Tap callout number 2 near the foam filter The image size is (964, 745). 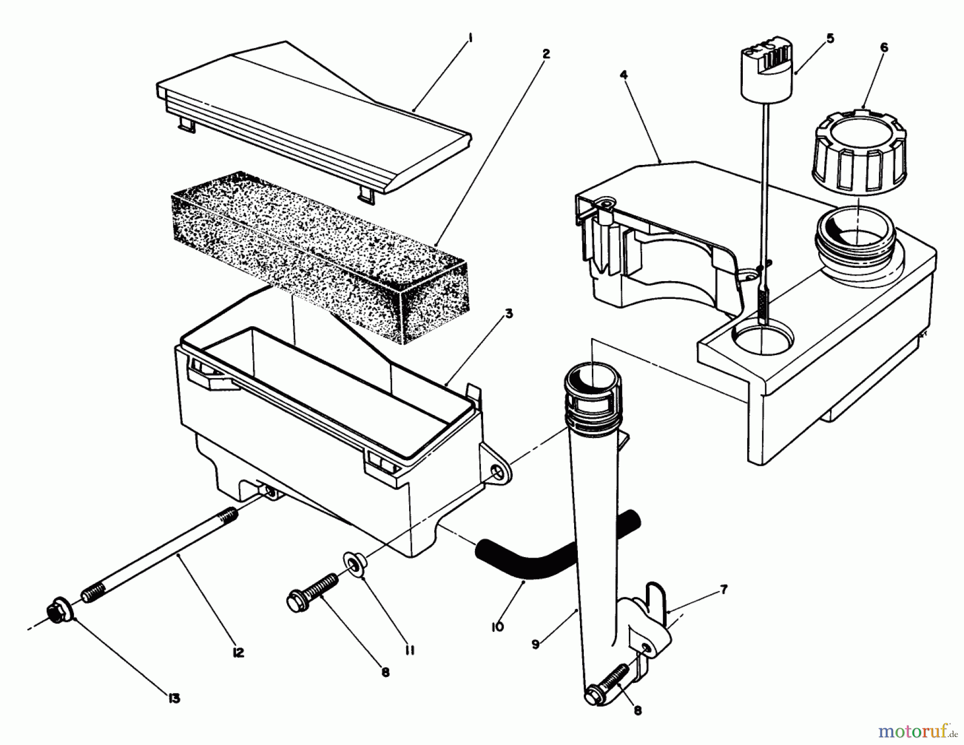(546, 54)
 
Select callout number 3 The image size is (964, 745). (508, 313)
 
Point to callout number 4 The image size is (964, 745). (623, 75)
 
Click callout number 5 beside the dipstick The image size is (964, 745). (830, 38)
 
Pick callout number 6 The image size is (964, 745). (884, 47)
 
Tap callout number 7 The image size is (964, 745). (724, 590)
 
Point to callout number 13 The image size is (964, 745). (174, 698)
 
